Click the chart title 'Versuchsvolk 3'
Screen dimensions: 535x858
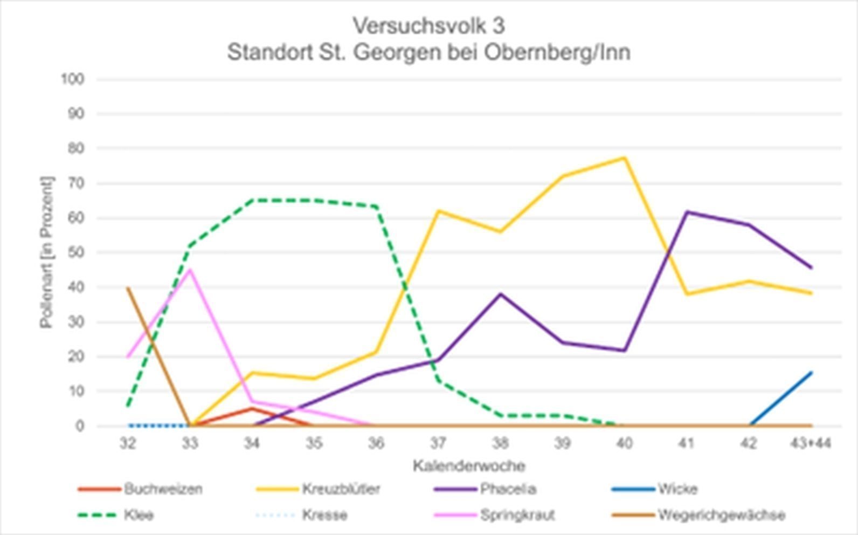coord(429,25)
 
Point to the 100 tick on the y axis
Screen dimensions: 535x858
coord(73,79)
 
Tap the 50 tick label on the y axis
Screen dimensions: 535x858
coord(76,253)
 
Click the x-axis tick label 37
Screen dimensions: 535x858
coord(438,443)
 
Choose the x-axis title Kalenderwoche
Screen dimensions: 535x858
coord(469,466)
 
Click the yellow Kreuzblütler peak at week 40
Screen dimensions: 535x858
coord(624,158)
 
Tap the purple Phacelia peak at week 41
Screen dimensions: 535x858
coord(686,212)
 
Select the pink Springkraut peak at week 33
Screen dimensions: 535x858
coord(190,270)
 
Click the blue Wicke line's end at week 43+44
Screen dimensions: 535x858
coord(811,372)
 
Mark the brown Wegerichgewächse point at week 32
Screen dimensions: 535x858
coord(128,288)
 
